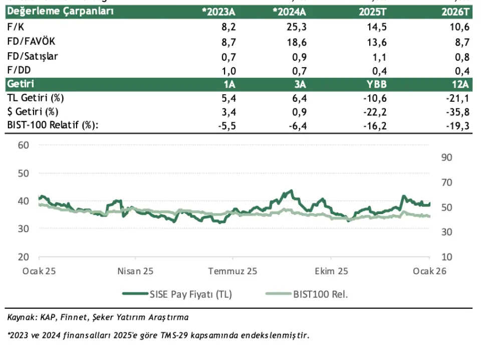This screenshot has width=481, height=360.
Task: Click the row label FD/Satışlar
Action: click(33, 56)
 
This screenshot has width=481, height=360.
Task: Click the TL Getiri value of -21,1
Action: click(460, 97)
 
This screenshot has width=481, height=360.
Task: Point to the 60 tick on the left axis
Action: click(23, 145)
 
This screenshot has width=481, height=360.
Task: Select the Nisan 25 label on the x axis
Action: click(135, 271)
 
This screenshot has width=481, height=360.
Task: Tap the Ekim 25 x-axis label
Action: click(331, 271)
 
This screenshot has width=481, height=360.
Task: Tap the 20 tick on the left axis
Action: click(23, 257)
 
